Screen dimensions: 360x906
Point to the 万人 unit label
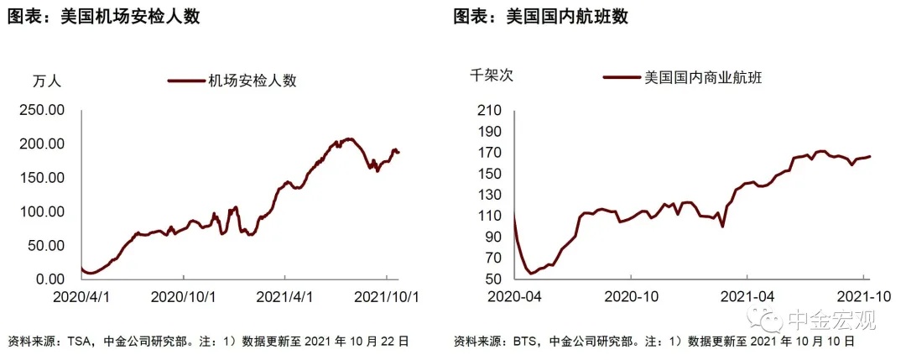[x=46, y=81]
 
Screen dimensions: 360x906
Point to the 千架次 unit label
[x=492, y=76]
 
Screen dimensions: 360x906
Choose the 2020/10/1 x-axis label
[x=182, y=296]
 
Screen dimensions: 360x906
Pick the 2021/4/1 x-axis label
[x=284, y=296]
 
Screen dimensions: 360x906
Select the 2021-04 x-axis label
[x=747, y=296]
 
